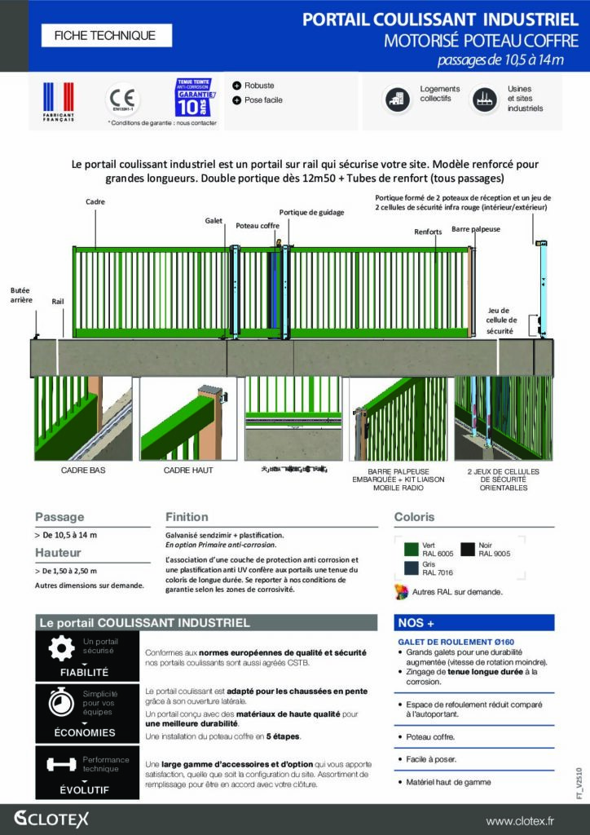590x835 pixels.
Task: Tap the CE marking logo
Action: coord(123,100)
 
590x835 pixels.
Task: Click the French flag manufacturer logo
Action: coord(58,101)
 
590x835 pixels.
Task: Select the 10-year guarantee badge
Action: coord(196,98)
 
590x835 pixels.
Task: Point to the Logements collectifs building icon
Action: coord(398,99)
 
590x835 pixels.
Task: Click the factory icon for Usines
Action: coord(485,99)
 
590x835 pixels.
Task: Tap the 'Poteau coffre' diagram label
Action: coord(258,225)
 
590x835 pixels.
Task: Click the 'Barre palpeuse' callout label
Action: coord(476,229)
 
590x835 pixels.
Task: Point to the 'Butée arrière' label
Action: coord(21,294)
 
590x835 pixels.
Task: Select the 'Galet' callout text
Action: coord(214,221)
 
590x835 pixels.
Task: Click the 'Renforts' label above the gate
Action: coord(428,232)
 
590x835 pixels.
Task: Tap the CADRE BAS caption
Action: coord(83,471)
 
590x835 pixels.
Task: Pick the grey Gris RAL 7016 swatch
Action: coord(404,568)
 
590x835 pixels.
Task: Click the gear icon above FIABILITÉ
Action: coord(61,648)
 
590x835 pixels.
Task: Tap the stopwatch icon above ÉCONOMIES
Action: coord(61,703)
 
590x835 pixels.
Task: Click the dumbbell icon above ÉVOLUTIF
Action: coord(61,764)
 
